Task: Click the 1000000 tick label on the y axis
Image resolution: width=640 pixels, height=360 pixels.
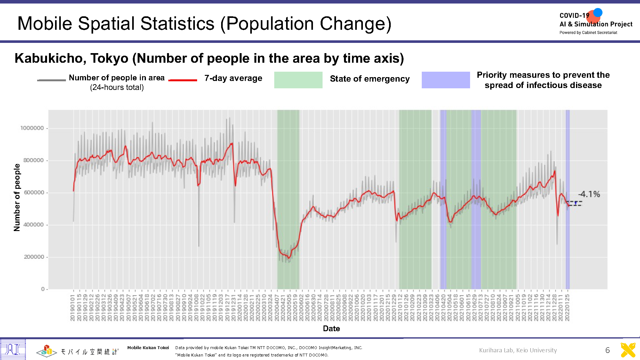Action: (32, 128)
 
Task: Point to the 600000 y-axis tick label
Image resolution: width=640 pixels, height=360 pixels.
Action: (34, 193)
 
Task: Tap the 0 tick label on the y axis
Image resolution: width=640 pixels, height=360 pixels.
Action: (43, 289)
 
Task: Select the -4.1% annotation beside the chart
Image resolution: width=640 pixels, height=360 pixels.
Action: (589, 194)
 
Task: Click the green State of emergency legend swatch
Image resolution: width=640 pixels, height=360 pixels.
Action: (298, 80)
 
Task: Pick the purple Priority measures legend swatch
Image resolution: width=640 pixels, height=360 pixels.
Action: (445, 80)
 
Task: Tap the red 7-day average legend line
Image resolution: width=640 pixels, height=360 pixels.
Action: (183, 80)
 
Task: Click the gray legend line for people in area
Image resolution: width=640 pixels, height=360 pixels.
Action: (51, 80)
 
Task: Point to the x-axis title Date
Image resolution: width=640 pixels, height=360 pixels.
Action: (331, 329)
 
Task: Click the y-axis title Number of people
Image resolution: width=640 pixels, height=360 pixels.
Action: (17, 197)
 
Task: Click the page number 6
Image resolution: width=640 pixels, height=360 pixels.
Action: (607, 350)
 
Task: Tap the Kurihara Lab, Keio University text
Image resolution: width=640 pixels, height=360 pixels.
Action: (518, 350)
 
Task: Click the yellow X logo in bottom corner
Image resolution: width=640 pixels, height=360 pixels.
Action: (628, 350)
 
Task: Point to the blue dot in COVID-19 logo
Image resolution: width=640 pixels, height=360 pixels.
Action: (598, 12)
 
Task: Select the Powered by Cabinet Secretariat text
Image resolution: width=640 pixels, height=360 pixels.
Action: (588, 33)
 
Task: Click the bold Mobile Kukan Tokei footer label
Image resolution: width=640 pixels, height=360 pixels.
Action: (148, 348)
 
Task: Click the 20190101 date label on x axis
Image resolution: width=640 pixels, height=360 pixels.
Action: (73, 308)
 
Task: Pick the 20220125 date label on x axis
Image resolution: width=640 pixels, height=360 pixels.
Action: (567, 308)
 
